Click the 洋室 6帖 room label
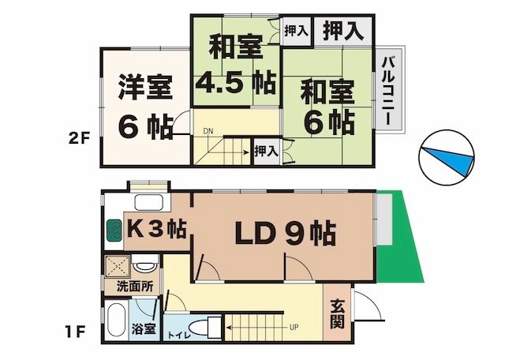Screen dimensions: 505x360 coord(146,107)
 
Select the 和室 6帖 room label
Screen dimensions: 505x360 coord(328,107)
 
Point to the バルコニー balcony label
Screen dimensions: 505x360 coord(387,91)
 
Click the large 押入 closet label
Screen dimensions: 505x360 coord(343,31)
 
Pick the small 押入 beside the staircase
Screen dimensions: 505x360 coord(267,151)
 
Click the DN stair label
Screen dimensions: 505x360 coord(208,131)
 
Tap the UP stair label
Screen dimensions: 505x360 coord(294,328)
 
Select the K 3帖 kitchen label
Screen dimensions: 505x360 coord(157,229)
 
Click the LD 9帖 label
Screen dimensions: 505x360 coord(286,233)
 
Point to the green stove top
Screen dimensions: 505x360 coord(114,230)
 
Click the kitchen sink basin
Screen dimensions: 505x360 coord(148,203)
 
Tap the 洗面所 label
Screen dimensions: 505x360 coord(135,287)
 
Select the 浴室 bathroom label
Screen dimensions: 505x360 coord(144,329)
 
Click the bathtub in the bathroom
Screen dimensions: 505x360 coord(116,320)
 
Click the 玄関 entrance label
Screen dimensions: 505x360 coord(337,314)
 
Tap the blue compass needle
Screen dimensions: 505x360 coord(448,160)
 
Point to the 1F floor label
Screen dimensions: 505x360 coord(76,332)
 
